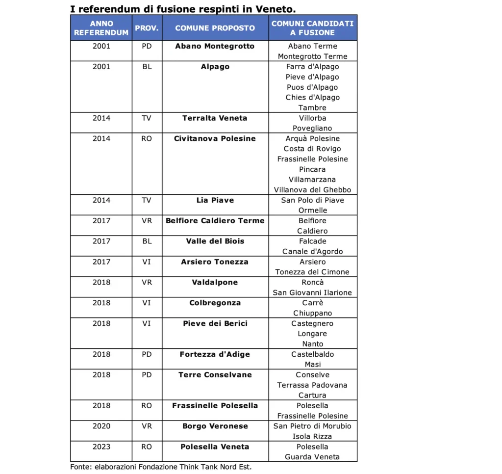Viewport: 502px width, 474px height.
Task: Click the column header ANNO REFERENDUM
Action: pyautogui.click(x=101, y=28)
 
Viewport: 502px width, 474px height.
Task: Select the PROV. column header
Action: pyautogui.click(x=147, y=28)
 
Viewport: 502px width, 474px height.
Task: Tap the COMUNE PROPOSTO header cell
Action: pyautogui.click(x=215, y=28)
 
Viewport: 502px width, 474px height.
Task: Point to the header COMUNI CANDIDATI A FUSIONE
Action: pyautogui.click(x=312, y=28)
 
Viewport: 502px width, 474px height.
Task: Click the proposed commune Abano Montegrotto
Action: pyautogui.click(x=215, y=46)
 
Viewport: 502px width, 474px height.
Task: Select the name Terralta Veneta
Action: pyautogui.click(x=215, y=118)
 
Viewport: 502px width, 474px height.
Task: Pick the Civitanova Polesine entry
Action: pyautogui.click(x=215, y=139)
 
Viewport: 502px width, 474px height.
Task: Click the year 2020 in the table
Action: pyautogui.click(x=101, y=426)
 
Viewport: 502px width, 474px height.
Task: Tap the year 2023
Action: pyautogui.click(x=101, y=447)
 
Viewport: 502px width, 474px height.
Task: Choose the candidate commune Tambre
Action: pyautogui.click(x=312, y=108)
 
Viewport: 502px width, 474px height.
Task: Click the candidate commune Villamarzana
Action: pyautogui.click(x=312, y=180)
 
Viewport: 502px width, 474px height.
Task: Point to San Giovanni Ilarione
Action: pyautogui.click(x=312, y=293)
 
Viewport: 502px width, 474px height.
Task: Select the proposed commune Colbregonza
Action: pyautogui.click(x=215, y=303)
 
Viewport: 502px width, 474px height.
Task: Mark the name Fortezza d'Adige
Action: pyautogui.click(x=215, y=355)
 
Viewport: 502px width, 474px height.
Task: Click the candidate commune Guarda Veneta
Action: pyautogui.click(x=312, y=457)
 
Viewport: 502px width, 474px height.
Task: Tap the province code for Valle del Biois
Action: pyautogui.click(x=147, y=241)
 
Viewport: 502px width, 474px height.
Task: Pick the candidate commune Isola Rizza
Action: pyautogui.click(x=312, y=437)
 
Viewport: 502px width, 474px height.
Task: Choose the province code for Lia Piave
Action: pyautogui.click(x=147, y=200)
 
